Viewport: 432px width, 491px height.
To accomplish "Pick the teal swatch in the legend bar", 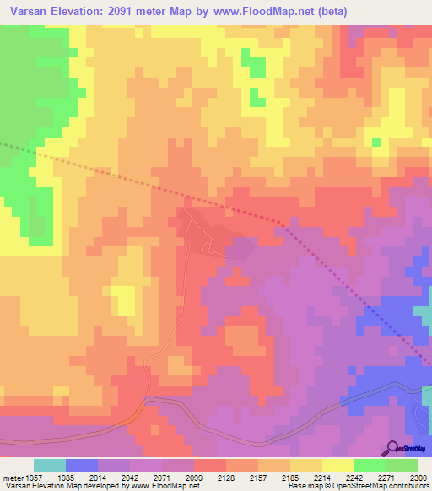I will pyautogui.click(x=50, y=465).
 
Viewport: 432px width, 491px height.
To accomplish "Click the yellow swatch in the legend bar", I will pyautogui.click(x=338, y=465).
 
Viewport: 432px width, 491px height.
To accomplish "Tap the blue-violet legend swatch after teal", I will pyautogui.click(x=82, y=465).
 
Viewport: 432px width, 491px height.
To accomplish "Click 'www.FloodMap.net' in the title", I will pyautogui.click(x=262, y=11).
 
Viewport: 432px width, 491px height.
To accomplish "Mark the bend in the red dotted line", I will pyautogui.click(x=279, y=222).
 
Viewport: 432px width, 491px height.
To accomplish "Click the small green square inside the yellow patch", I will pyautogui.click(x=376, y=142).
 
